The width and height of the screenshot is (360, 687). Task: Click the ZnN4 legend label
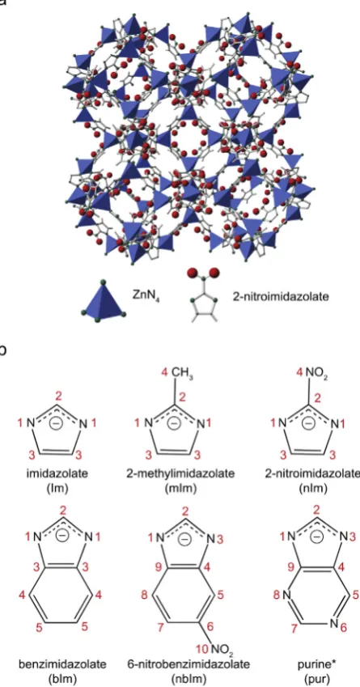point(145,294)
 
